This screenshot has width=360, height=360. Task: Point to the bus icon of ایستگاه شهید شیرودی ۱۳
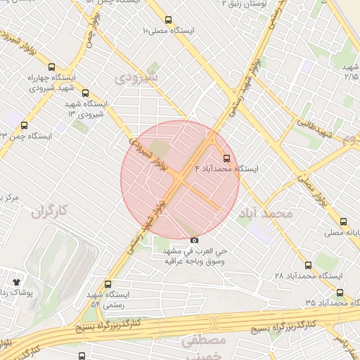coord(86,92)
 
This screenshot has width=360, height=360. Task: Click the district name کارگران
coord(49,210)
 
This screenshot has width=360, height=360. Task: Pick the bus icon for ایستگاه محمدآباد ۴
coord(226,158)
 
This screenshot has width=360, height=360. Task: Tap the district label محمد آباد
coord(265,212)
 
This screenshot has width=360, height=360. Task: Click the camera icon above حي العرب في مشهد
coord(195,240)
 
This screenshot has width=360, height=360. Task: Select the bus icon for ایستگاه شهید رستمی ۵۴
coord(108,284)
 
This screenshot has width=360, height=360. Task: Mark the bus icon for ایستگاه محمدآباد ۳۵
coord(340,292)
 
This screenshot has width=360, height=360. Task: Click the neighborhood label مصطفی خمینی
coord(202,349)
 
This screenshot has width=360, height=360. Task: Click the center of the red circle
coord(180,179)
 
